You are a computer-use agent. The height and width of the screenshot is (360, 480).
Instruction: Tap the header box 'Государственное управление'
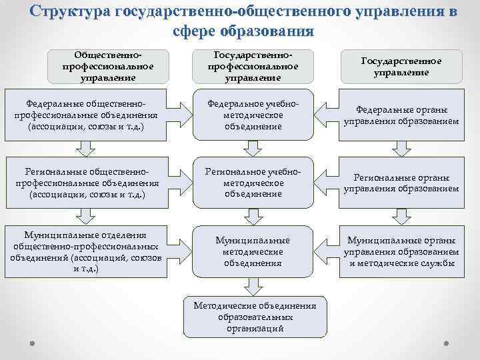[401, 67]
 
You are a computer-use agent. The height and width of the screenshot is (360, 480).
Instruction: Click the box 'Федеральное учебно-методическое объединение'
[253, 115]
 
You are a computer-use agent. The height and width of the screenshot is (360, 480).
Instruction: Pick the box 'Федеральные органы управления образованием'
[401, 115]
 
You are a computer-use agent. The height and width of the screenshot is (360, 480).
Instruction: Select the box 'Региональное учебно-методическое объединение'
[253, 183]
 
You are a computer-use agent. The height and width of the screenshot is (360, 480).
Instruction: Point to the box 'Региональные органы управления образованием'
[401, 183]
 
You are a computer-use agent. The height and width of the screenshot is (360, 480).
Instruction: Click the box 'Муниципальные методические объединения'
[253, 251]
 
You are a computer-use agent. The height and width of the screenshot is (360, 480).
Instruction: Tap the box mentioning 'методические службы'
[401, 251]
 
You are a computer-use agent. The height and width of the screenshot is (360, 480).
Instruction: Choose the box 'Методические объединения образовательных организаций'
[254, 317]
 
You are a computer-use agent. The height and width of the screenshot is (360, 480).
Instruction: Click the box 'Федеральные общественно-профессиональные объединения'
[85, 115]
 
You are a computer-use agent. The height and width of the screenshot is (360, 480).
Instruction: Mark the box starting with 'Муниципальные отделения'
[85, 252]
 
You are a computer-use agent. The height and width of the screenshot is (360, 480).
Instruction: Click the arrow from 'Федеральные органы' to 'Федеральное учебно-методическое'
[327, 109]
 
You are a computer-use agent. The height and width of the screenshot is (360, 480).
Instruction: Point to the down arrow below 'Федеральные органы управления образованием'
[400, 150]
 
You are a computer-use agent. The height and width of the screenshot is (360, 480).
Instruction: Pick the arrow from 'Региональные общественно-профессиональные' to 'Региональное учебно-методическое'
[179, 176]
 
